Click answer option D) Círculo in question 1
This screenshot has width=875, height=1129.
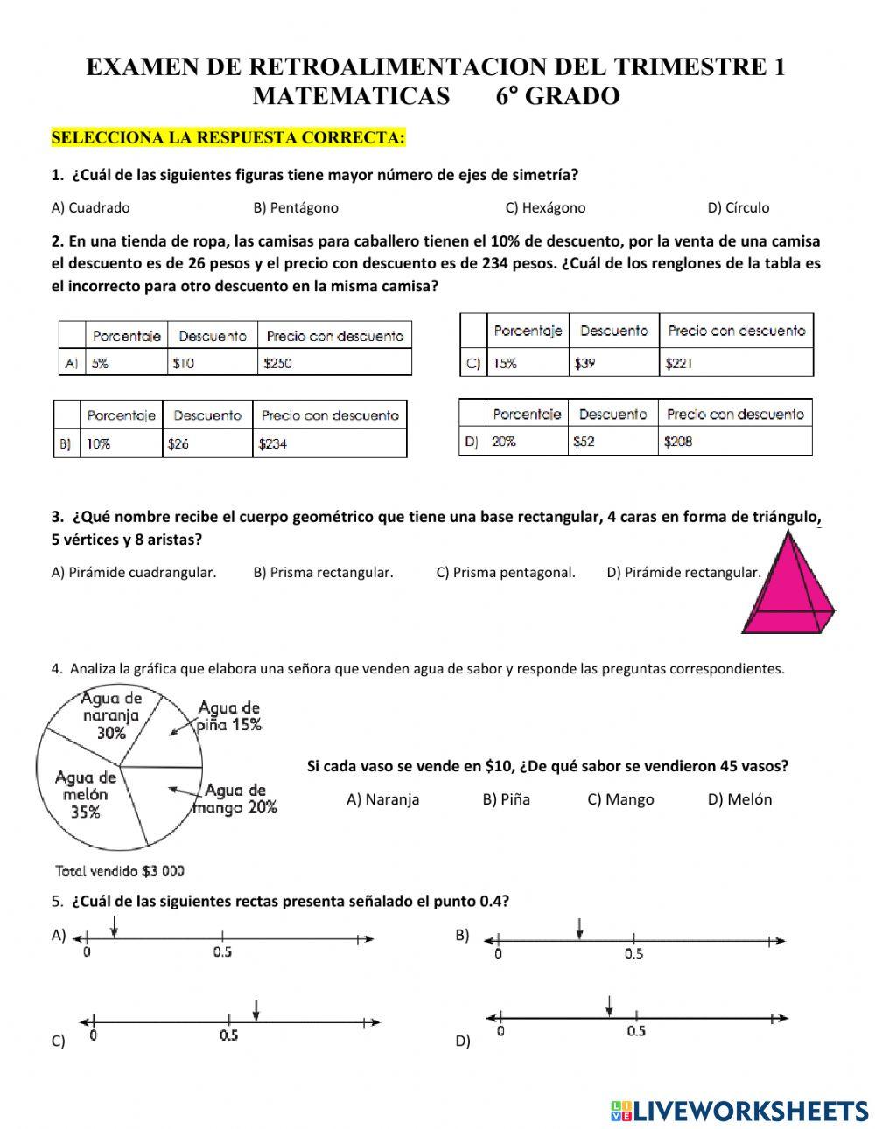coord(738,207)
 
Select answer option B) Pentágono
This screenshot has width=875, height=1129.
coord(295,207)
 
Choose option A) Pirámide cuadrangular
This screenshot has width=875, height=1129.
coord(134,572)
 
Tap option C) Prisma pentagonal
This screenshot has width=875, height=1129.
coord(505,572)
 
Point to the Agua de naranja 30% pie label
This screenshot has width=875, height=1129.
coord(111,715)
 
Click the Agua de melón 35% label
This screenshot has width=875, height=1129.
coord(85,794)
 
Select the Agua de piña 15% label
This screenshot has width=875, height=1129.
coord(229,715)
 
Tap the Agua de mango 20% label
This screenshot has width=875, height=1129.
coord(235,798)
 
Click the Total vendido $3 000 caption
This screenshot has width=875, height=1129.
coord(120,870)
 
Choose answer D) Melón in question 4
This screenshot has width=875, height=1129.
coord(739,798)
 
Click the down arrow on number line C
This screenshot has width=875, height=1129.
coord(255,1009)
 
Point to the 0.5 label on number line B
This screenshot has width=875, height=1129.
coord(633,954)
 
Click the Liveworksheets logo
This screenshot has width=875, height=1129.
coord(738,1110)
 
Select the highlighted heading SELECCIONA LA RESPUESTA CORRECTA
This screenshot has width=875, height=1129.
coord(228,137)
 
